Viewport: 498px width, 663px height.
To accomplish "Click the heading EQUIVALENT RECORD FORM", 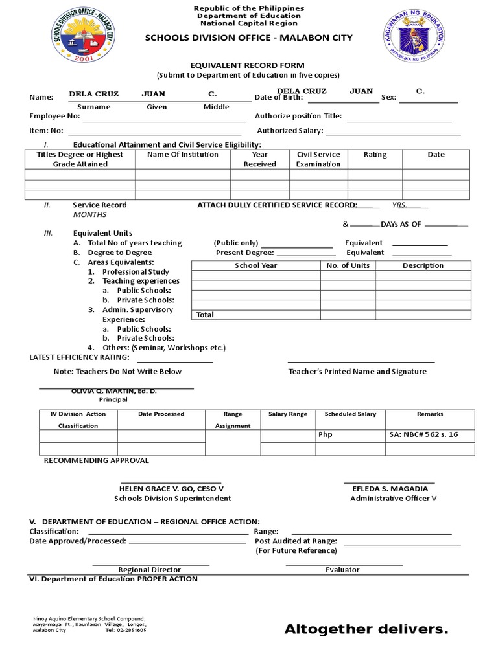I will coord(246,65).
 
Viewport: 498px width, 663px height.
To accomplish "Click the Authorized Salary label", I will coord(289,131).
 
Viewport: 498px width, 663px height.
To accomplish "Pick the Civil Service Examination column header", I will coord(318,159).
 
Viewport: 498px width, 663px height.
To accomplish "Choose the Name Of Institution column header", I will coord(183,155).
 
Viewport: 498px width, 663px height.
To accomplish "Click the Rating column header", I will coord(375,155).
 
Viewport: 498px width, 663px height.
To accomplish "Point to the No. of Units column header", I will coord(348,265).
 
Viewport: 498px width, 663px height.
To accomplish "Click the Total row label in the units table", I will coord(205,315).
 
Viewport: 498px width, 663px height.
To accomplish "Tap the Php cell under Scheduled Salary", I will coord(326,434).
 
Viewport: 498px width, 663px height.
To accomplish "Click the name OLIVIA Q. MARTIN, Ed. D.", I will coord(114,392).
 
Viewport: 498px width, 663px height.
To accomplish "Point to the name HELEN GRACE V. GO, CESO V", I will coord(172,488).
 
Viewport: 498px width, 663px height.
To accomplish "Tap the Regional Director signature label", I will coord(149,570).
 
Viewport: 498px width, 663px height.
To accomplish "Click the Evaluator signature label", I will coord(342,570).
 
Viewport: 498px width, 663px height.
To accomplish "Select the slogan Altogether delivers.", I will coord(366,629).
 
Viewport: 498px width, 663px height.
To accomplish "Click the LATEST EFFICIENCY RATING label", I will coord(80,357).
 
